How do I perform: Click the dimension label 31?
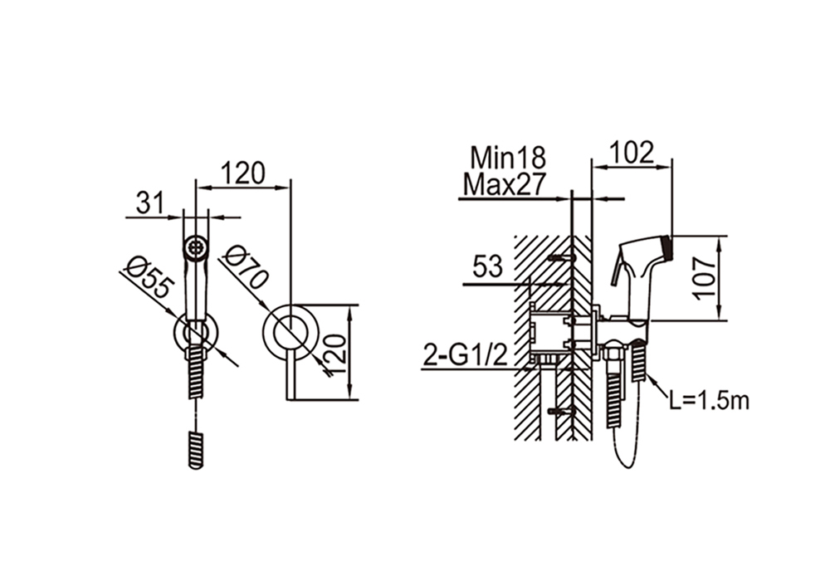click(151, 203)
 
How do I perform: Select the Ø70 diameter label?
click(246, 267)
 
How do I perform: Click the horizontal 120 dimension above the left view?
click(242, 173)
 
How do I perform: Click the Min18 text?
click(508, 157)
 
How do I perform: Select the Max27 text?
click(504, 185)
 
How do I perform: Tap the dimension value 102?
click(632, 153)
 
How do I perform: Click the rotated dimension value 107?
click(705, 278)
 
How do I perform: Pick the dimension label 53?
click(487, 266)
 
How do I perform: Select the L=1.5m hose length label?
click(709, 401)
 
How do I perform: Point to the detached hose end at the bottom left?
click(196, 451)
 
